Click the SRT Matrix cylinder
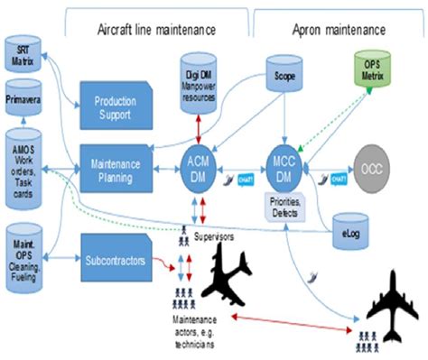point(21,55)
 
